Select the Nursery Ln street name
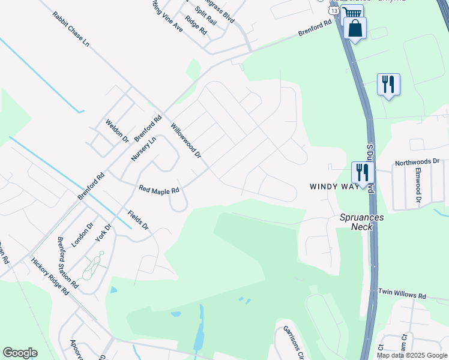(x=143, y=149)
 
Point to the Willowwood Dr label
(x=186, y=141)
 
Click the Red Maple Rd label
(x=159, y=190)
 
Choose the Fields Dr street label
(x=137, y=220)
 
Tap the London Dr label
(x=83, y=235)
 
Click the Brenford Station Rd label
(x=68, y=262)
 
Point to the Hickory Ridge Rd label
(x=50, y=277)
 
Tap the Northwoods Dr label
(x=417, y=162)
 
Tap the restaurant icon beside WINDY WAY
(x=361, y=173)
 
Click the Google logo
(x=20, y=353)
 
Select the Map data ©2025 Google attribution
(x=412, y=355)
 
